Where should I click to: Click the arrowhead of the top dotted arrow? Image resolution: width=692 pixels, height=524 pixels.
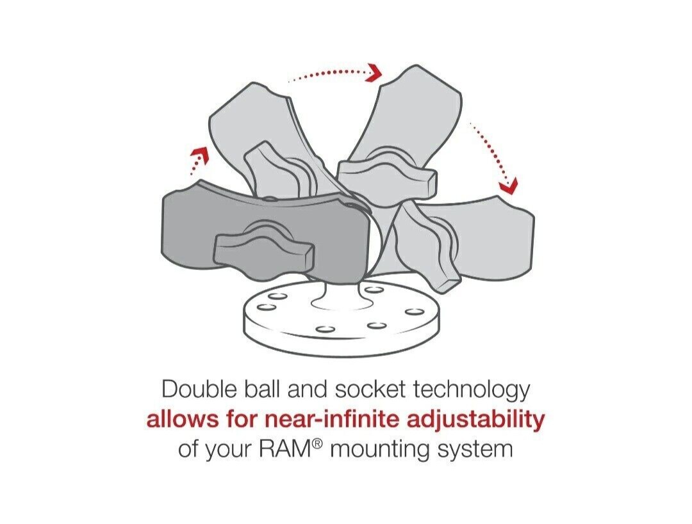pos(374,72)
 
